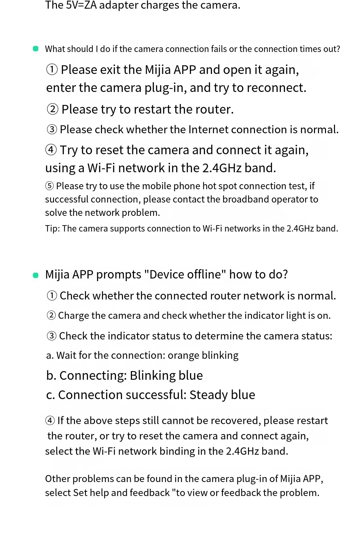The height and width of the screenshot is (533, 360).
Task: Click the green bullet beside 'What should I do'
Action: (x=36, y=49)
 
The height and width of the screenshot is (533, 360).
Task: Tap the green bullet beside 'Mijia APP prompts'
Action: (x=36, y=275)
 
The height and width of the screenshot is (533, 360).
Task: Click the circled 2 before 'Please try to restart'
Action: (x=52, y=109)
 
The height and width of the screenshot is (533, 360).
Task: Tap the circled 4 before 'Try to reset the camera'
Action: (x=51, y=150)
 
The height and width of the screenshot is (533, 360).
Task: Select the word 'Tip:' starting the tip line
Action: (x=52, y=229)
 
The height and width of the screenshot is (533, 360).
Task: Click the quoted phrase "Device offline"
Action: (x=185, y=274)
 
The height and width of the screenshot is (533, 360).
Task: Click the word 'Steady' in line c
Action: (x=209, y=395)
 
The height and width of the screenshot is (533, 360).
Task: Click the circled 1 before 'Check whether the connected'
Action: (x=52, y=296)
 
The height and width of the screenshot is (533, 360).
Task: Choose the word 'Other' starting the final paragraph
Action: (x=58, y=479)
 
